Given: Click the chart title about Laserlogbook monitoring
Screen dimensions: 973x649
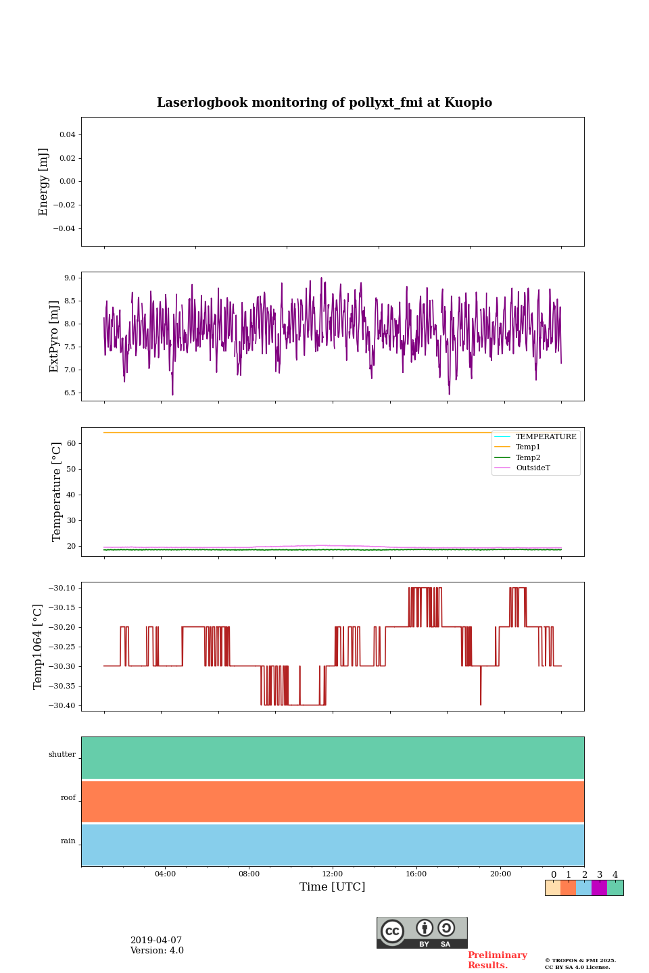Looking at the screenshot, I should [x=324, y=103].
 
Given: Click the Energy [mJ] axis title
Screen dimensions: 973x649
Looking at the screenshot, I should [x=44, y=182].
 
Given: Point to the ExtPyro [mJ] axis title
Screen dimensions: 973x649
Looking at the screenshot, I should [x=55, y=336].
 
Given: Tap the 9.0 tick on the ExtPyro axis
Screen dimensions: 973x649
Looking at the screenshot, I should [x=70, y=278].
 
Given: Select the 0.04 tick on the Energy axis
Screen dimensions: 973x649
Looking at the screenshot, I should [x=67, y=134].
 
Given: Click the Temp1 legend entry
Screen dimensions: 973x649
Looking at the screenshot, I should [x=528, y=447].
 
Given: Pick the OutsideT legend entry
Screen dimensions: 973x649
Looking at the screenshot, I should [x=533, y=468].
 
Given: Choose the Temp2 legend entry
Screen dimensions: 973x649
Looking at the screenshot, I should [x=528, y=457].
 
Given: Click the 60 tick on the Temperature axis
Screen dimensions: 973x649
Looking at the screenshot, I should [x=71, y=443].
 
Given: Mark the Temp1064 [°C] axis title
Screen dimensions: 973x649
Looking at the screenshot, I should [x=39, y=647].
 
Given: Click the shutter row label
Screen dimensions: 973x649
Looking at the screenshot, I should [x=62, y=755].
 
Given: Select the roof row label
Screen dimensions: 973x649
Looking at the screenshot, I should [x=68, y=798].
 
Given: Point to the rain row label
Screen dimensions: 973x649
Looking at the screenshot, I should [x=68, y=841].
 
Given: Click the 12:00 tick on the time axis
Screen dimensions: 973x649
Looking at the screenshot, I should [x=333, y=874].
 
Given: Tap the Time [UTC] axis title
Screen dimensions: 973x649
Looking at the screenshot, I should [x=333, y=887].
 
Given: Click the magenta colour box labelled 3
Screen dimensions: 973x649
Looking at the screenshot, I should [x=599, y=888].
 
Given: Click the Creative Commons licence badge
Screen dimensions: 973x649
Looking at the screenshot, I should [x=422, y=932].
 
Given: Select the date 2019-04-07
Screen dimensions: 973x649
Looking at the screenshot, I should [x=156, y=941].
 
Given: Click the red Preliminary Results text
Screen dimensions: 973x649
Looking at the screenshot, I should [x=498, y=960].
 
